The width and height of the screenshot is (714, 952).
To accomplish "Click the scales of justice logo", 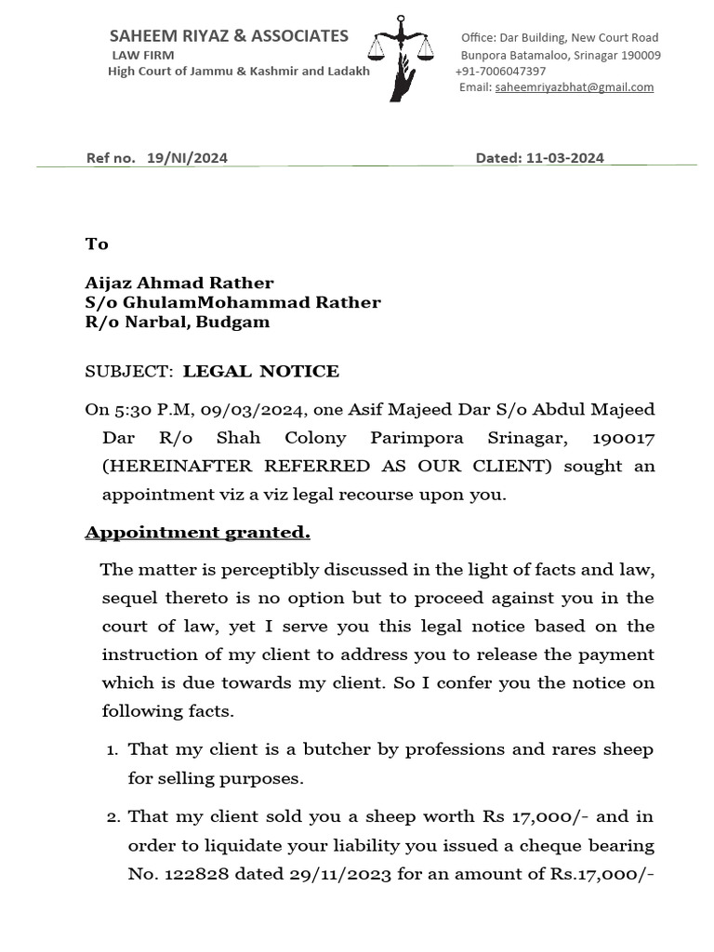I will [401, 56].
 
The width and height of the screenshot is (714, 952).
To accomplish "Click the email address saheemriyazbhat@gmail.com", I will [575, 87].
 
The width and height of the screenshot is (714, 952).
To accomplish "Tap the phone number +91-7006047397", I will [500, 72].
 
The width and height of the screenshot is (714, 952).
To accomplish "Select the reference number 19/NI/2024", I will [187, 158].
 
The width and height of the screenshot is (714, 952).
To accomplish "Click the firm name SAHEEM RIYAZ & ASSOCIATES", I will [229, 36].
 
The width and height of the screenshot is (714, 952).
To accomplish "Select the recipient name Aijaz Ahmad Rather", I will [179, 283].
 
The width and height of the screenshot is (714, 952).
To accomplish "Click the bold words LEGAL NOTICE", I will [261, 372].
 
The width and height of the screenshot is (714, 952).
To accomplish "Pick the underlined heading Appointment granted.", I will [197, 533].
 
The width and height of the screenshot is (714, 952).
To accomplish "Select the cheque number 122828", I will [193, 874].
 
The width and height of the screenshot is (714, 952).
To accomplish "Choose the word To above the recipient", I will [97, 244].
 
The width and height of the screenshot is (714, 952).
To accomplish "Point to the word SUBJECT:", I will [129, 372].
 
